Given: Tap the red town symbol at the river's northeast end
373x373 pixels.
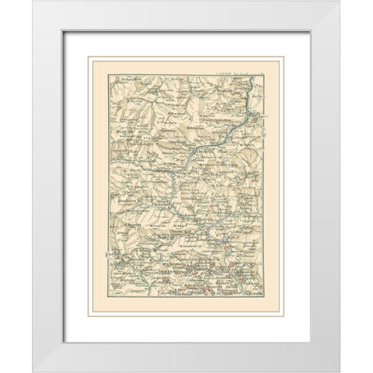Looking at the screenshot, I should (x=256, y=118).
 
